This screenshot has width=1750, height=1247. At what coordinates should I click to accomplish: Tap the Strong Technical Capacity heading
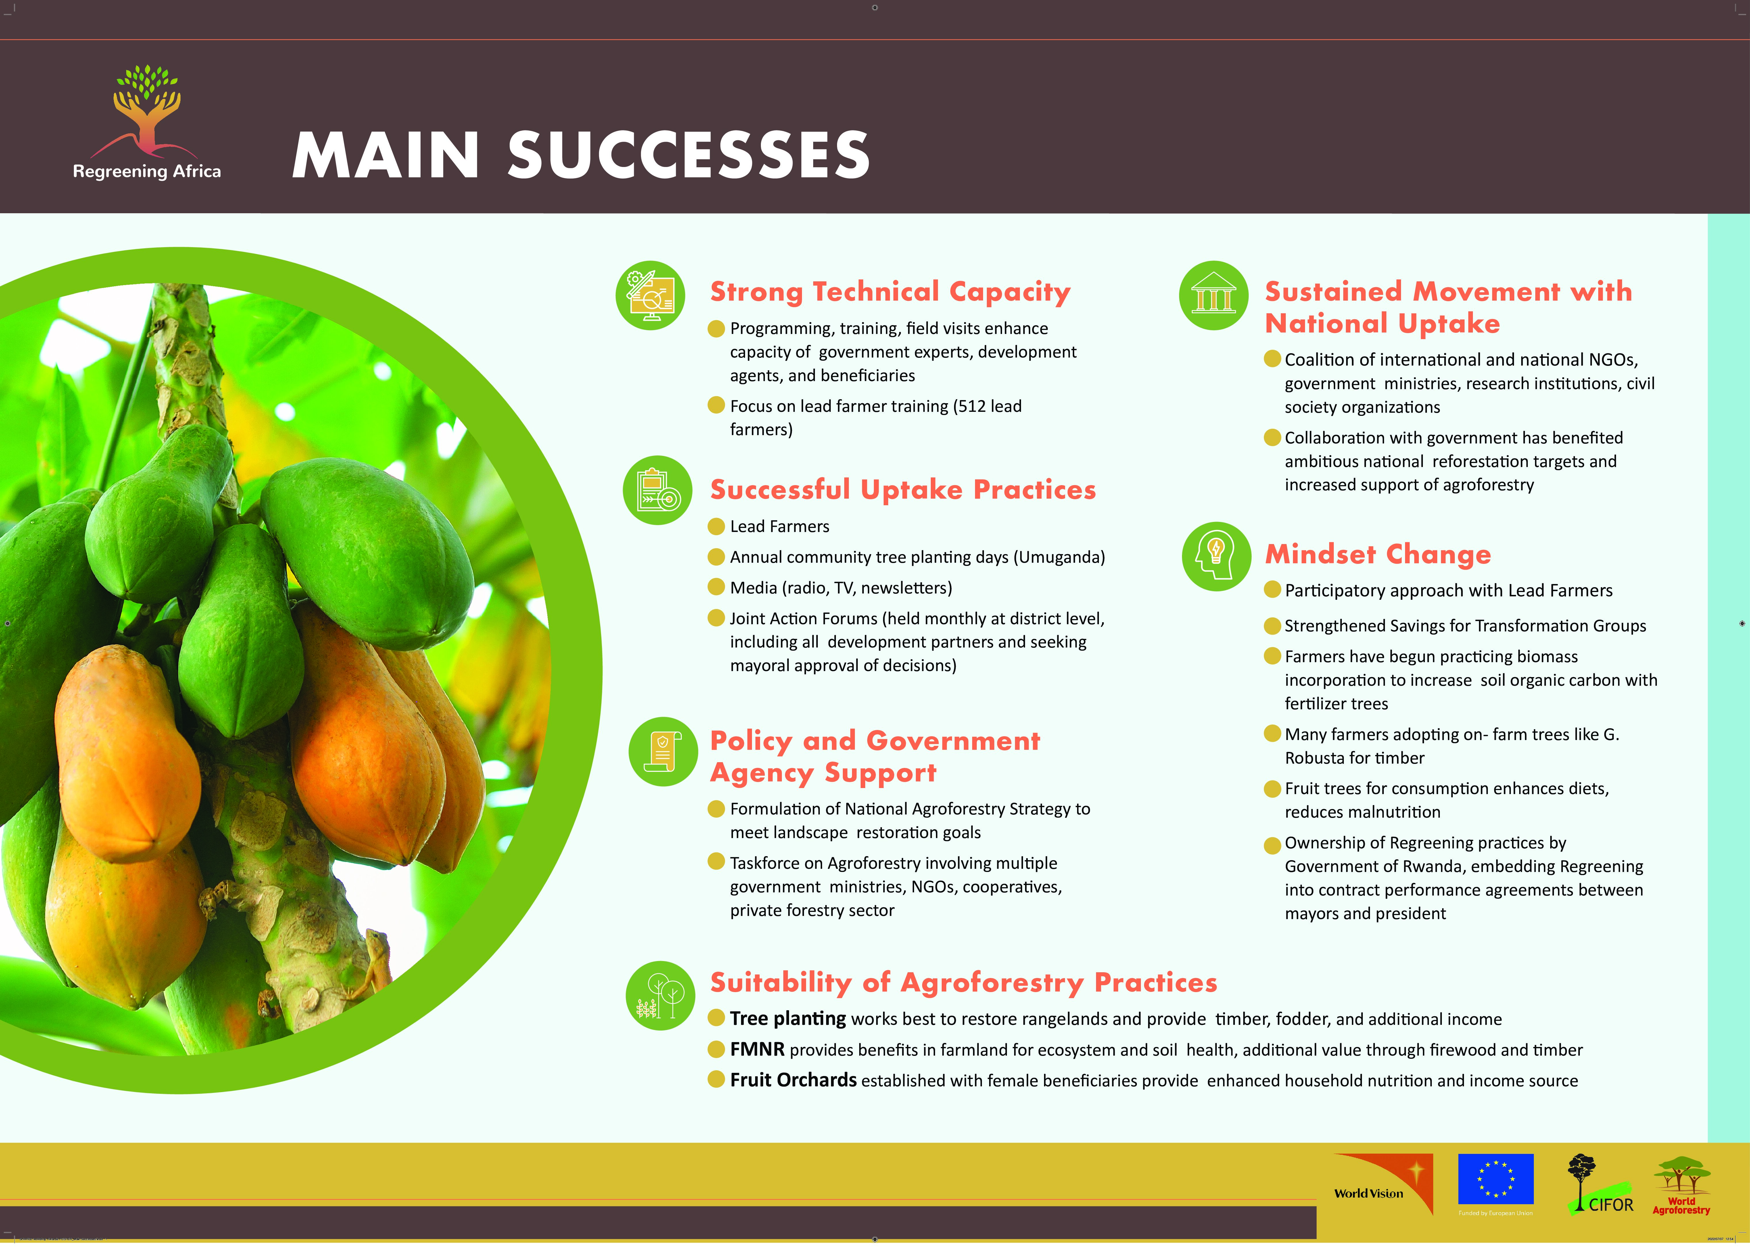tap(890, 292)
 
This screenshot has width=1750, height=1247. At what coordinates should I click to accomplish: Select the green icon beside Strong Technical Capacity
tap(651, 296)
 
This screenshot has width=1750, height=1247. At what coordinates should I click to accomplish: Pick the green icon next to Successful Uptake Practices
tap(657, 491)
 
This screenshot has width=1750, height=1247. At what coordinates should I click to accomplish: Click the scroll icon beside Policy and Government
tap(663, 752)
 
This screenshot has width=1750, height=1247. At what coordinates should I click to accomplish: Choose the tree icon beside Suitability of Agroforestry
tap(660, 996)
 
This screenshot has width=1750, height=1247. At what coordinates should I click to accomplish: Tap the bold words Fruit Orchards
tap(793, 1080)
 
